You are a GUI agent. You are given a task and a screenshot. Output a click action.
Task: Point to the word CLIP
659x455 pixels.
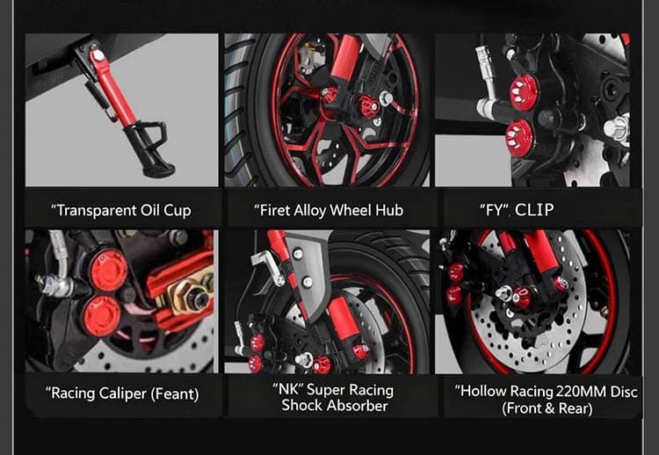pos(535,211)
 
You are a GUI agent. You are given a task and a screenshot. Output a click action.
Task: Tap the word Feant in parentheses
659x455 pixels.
pos(173,394)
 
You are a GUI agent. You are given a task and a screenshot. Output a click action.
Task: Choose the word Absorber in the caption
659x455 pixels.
pos(358,405)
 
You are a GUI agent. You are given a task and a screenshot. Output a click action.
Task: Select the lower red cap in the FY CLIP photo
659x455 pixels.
pos(519,134)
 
